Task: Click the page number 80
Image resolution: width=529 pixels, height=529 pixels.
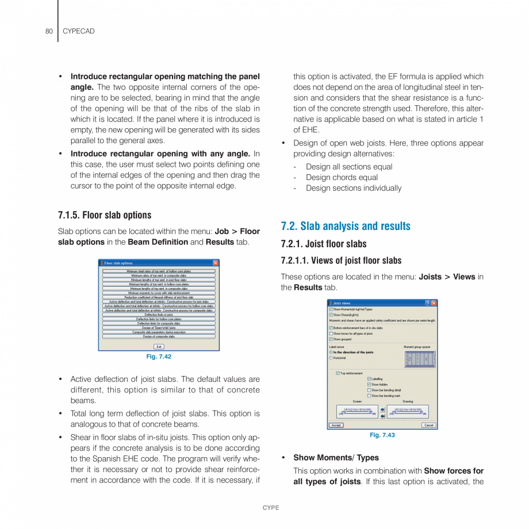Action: [x=49, y=31]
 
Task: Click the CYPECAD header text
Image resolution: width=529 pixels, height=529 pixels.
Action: [x=78, y=31]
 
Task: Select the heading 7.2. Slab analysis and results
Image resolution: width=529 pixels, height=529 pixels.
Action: [x=346, y=226]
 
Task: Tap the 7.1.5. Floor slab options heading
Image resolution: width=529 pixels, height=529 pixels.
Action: [x=105, y=215]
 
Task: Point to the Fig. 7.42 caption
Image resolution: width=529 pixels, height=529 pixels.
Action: [x=159, y=356]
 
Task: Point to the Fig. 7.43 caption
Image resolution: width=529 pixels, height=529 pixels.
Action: [x=382, y=435]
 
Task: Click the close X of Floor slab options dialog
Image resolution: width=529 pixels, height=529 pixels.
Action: [x=216, y=263]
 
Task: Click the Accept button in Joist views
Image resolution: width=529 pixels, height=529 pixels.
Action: [x=336, y=425]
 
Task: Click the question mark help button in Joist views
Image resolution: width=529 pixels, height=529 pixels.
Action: [x=427, y=303]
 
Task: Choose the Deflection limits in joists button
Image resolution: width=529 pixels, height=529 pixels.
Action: [x=159, y=315]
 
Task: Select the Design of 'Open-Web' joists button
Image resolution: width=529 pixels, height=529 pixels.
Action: [x=159, y=328]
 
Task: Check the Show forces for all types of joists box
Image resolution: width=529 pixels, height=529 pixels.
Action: [x=331, y=333]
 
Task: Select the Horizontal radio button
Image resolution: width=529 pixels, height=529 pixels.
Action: [x=331, y=358]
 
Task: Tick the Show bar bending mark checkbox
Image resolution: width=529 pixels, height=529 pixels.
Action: [x=369, y=396]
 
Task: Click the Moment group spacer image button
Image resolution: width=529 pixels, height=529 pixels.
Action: [x=420, y=359]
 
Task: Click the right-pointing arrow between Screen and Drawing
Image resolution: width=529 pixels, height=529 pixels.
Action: [x=383, y=409]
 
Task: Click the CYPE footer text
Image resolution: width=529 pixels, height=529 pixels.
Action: [x=271, y=508]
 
